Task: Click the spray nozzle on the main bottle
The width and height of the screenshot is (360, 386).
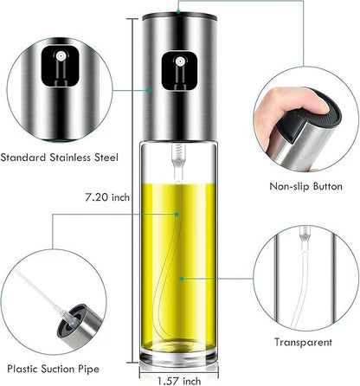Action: pos(177,64)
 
